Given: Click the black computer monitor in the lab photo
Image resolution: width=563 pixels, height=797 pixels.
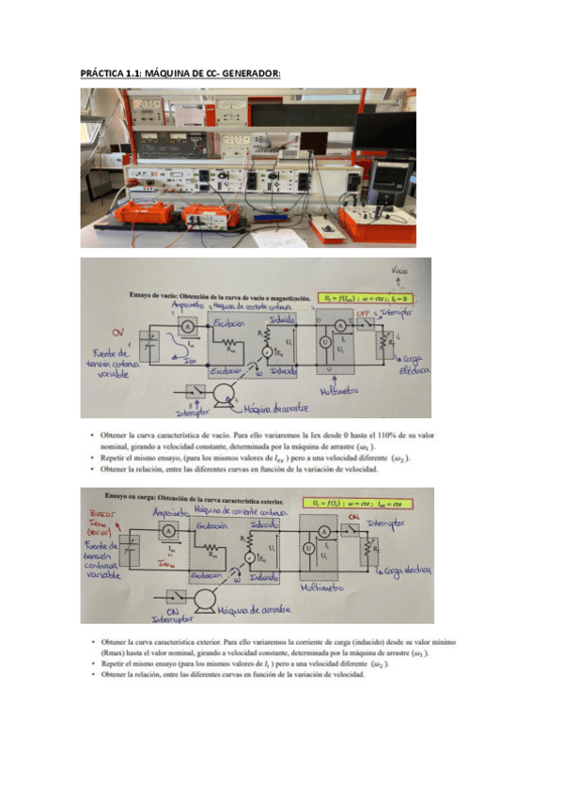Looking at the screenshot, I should click(x=383, y=137).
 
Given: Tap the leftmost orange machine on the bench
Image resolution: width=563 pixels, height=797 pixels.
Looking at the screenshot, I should click(x=144, y=212).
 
